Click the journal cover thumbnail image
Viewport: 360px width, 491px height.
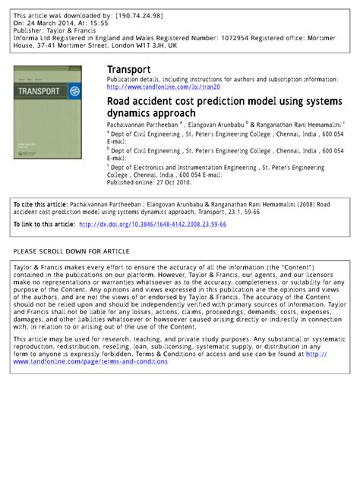point(46,111)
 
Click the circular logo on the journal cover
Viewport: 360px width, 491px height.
point(74,91)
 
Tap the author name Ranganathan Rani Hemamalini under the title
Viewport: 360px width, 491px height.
point(298,122)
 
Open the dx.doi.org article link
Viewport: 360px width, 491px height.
point(152,225)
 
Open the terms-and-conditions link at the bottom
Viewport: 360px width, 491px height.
point(90,361)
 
